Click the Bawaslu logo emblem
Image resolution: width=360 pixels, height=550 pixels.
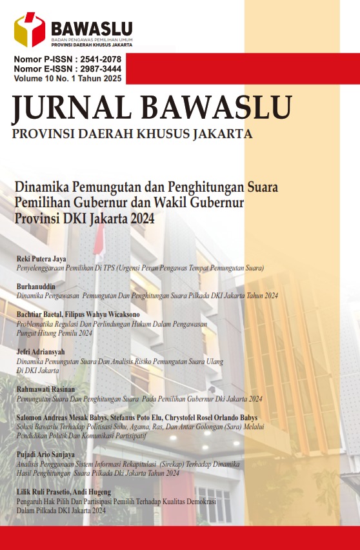click(x=30, y=30)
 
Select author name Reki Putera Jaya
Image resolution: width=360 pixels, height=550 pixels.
click(x=41, y=259)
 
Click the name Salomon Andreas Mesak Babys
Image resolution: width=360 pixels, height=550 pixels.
click(x=64, y=418)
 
